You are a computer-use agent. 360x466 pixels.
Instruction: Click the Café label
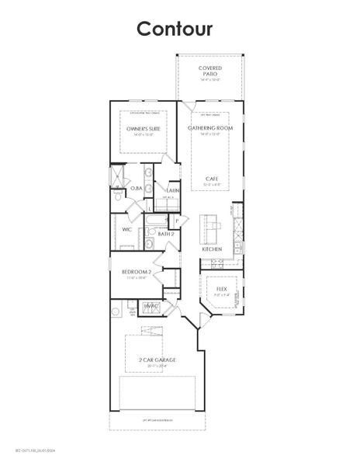point(211,179)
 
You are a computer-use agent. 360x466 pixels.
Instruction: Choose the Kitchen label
point(212,249)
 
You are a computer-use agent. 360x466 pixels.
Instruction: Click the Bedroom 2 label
point(136,271)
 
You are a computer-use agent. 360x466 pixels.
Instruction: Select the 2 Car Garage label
point(153,362)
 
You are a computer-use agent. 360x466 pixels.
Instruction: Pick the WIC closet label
point(127,230)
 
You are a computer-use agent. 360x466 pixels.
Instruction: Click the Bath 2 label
point(166,233)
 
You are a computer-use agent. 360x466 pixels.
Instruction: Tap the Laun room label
point(172,190)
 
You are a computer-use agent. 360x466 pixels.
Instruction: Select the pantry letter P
point(177,221)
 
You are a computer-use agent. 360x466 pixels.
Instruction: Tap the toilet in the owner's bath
point(115,197)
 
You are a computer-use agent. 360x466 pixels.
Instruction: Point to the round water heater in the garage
point(116,312)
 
